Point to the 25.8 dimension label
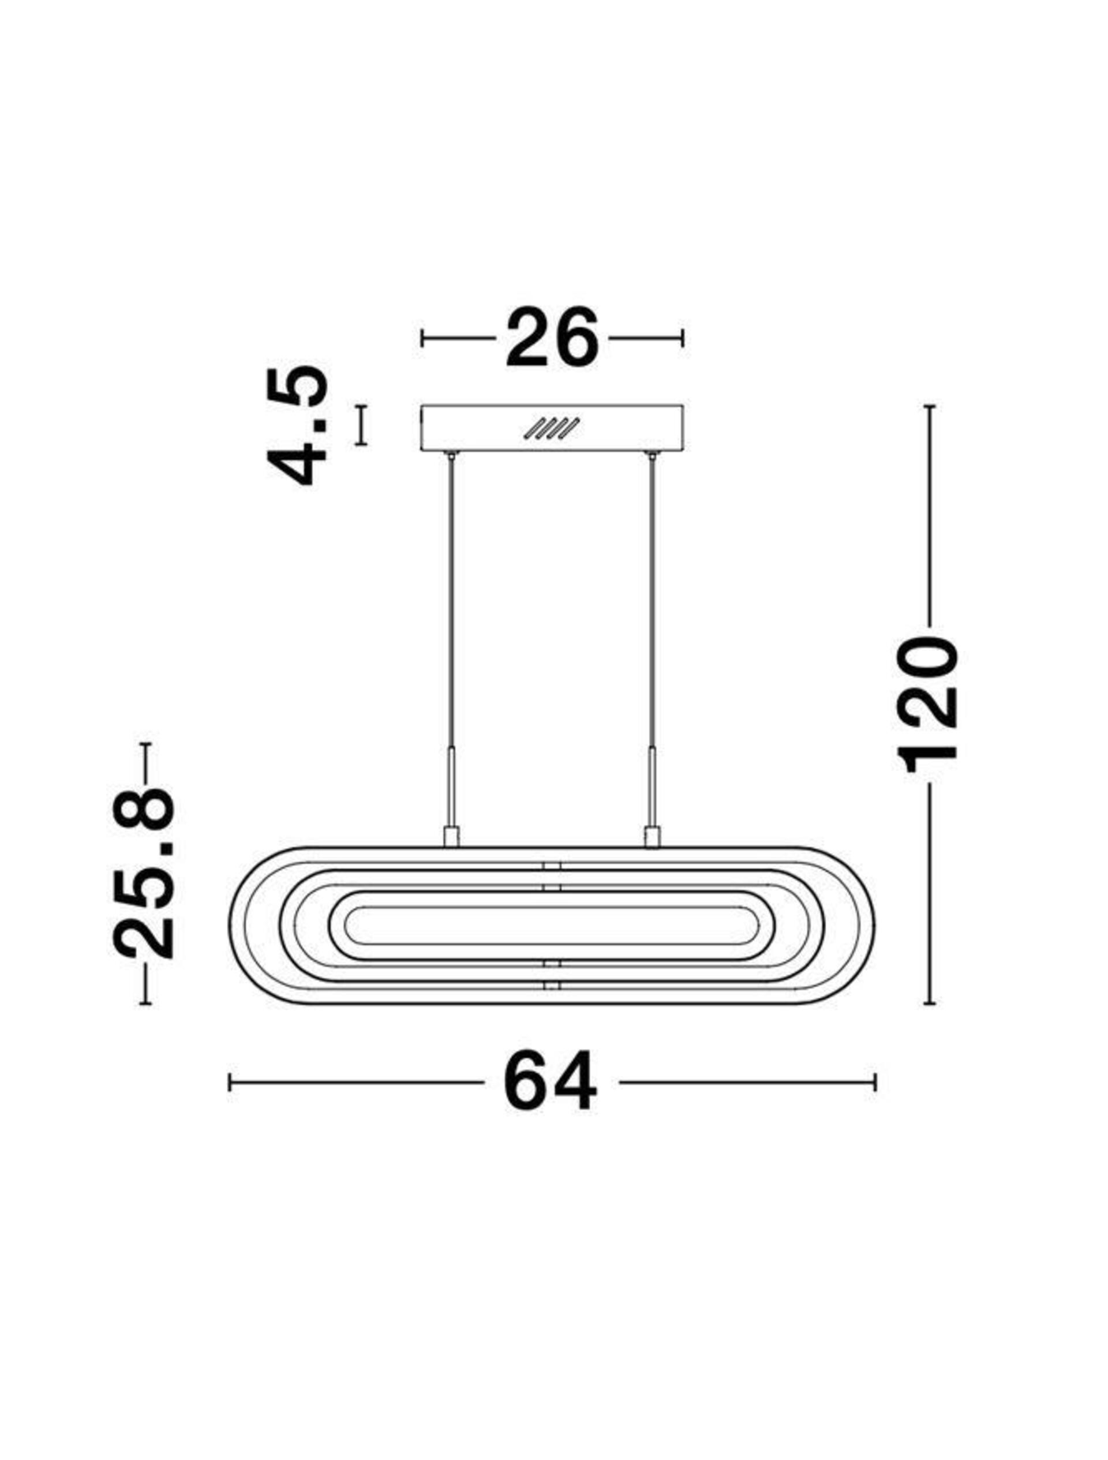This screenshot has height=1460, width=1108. click(x=144, y=873)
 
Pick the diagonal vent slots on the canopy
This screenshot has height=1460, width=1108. click(x=551, y=428)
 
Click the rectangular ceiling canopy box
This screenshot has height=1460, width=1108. click(x=552, y=428)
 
